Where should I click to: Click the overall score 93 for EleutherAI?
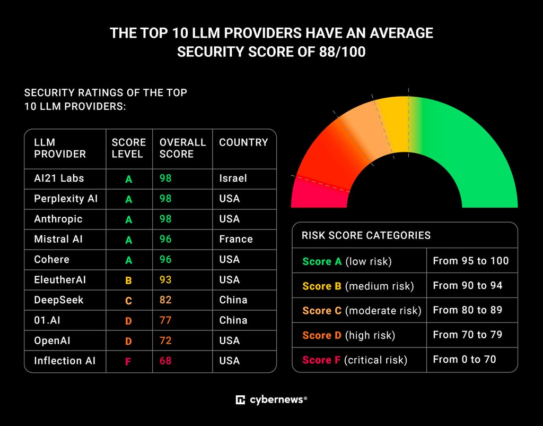click(x=165, y=279)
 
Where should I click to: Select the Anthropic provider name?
click(x=58, y=219)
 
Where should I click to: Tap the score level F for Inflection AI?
click(x=128, y=362)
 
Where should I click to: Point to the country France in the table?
click(x=236, y=239)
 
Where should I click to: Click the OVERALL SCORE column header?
click(x=182, y=148)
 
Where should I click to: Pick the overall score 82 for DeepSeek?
click(x=165, y=300)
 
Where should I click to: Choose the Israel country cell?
click(x=233, y=178)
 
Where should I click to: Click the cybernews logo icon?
click(x=240, y=399)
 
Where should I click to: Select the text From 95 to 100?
click(x=471, y=260)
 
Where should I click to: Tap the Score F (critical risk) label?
click(x=355, y=360)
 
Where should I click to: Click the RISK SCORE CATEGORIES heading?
click(x=366, y=235)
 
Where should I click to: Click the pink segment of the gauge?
click(x=319, y=194)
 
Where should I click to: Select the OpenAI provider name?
click(x=52, y=340)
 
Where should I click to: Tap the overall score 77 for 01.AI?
click(x=165, y=320)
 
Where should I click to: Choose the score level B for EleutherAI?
click(x=128, y=280)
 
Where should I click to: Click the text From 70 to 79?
click(x=468, y=335)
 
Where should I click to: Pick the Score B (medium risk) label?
click(x=358, y=286)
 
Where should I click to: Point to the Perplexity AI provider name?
click(x=66, y=199)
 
